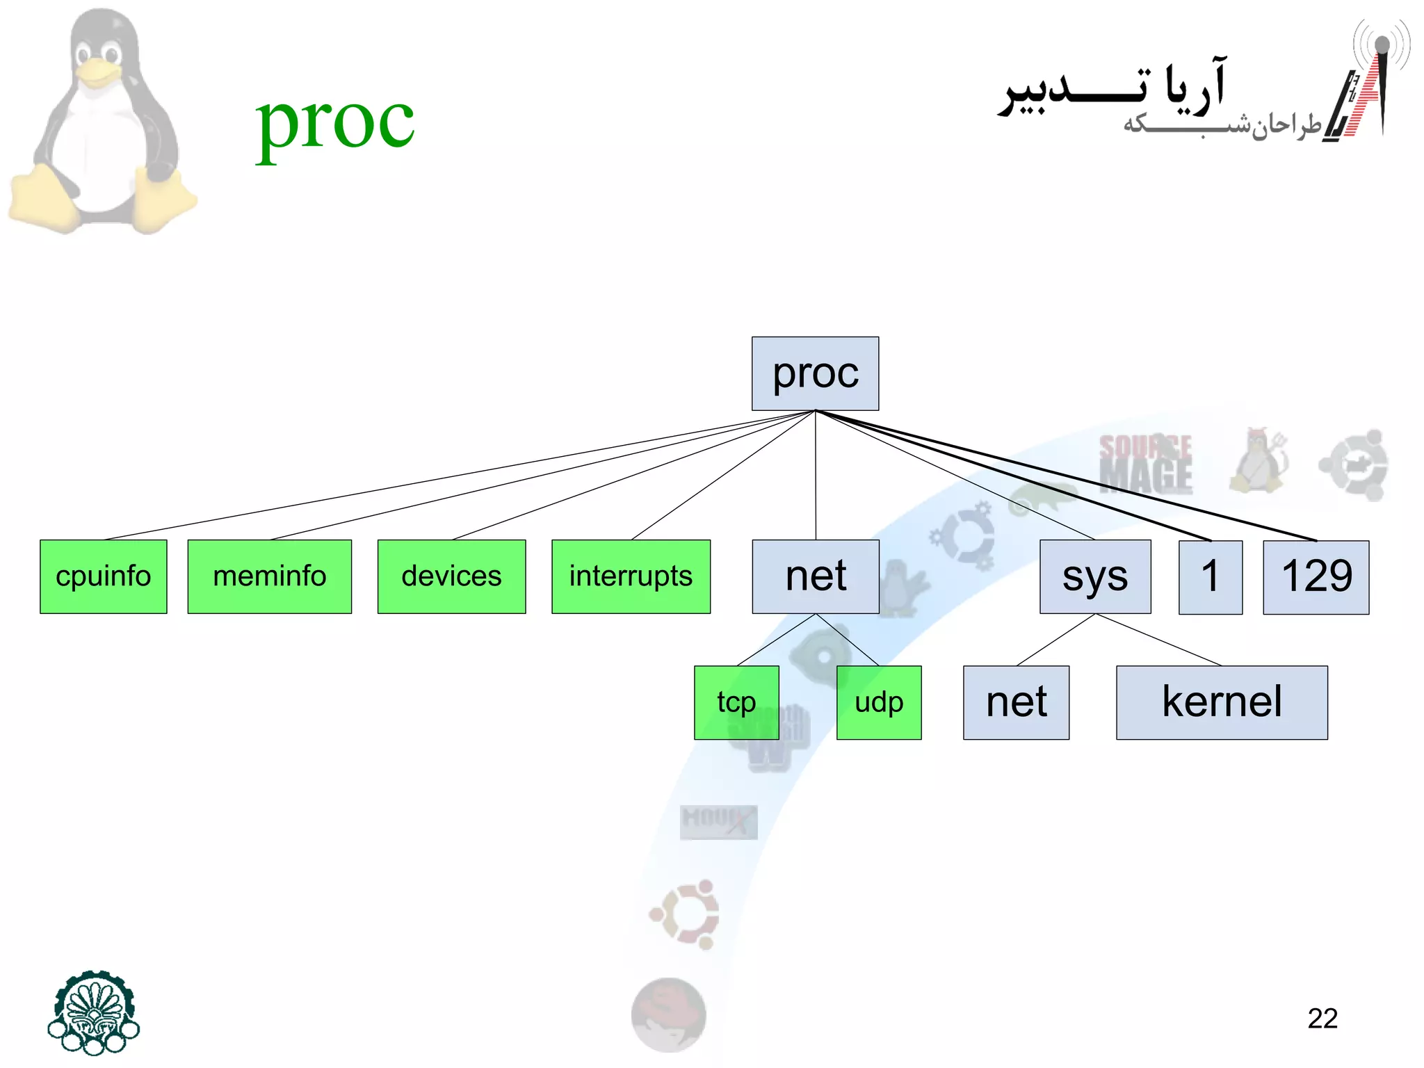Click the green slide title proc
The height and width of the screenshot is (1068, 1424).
coord(335,124)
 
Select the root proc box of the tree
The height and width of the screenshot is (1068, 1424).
coord(815,373)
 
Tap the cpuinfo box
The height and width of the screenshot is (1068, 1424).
coord(104,576)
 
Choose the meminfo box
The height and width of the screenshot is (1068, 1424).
coord(269,576)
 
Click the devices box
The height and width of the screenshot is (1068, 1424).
coord(451,576)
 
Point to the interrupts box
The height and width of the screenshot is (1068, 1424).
coord(631,576)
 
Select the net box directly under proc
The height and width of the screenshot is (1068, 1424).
coord(816,576)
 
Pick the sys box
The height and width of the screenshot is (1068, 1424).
coord(1095,576)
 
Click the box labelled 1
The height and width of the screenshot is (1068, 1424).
coord(1211,577)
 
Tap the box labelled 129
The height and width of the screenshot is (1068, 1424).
coord(1316,577)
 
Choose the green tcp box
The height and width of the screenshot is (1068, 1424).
coord(736,702)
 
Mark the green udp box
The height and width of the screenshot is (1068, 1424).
coord(879,702)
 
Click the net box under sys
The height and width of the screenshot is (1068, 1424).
coord(1016,702)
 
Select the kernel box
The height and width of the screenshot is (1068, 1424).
coord(1222,702)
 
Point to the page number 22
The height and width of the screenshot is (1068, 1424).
coord(1322,1019)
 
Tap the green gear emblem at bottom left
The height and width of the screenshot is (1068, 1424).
coord(94,1012)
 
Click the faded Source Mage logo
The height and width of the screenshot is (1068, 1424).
coord(1146,464)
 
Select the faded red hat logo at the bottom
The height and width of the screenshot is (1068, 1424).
coord(668,1014)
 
